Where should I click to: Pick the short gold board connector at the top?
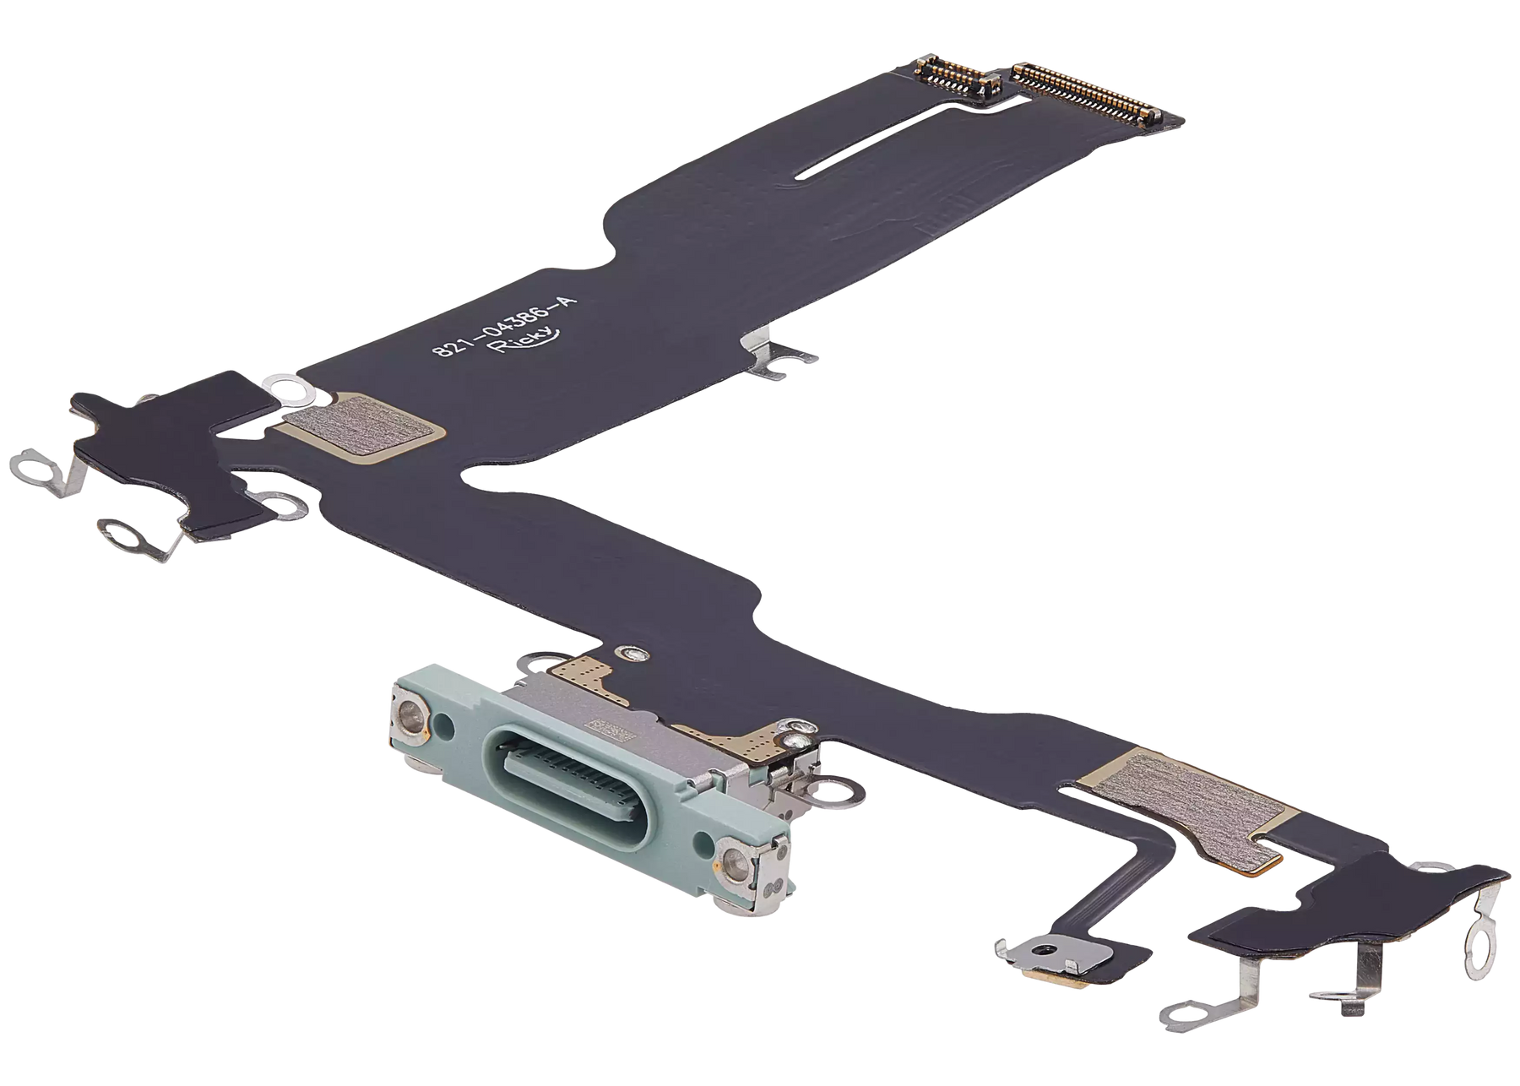[954, 80]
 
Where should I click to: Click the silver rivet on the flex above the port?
[629, 652]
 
